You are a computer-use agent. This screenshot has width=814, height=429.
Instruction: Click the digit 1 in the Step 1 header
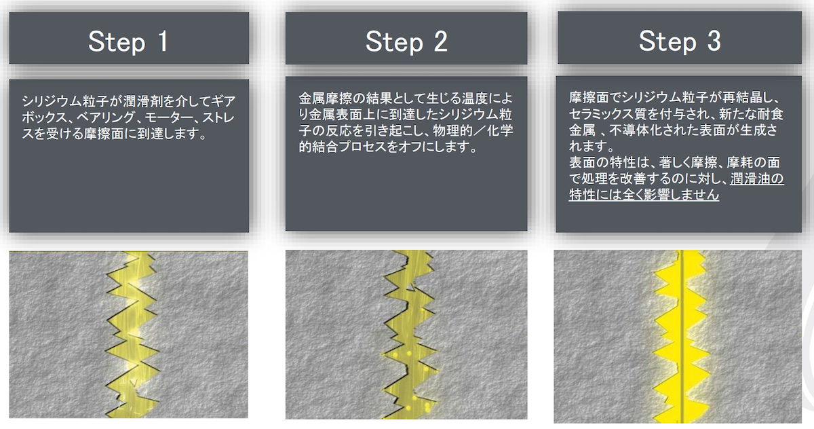tap(163, 41)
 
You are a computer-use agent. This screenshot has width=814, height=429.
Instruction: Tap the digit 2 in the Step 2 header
tap(440, 41)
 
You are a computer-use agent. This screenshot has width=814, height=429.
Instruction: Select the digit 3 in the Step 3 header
tap(714, 41)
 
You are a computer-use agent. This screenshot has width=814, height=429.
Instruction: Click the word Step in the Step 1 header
tap(117, 43)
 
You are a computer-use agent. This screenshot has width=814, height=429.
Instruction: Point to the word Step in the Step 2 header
tap(394, 43)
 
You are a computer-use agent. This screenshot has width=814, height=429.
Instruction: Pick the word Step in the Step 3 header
tap(667, 42)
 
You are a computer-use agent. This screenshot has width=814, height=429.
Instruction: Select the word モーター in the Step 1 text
tap(170, 117)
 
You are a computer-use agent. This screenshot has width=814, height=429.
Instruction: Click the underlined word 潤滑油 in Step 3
tap(750, 179)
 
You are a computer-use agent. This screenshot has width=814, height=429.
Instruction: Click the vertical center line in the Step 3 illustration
tap(682, 336)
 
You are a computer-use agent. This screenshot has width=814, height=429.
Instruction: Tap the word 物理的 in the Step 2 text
tap(453, 131)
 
